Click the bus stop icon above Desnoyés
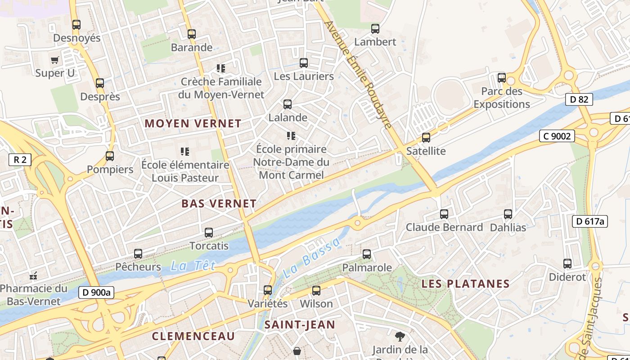click(76, 25)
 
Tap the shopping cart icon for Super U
click(55, 60)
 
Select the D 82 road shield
click(579, 99)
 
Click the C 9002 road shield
click(557, 136)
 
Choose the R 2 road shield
click(20, 159)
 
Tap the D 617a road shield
click(589, 221)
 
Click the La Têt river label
click(193, 266)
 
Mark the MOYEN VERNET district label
click(193, 123)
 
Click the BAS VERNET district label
click(219, 203)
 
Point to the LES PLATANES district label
click(465, 284)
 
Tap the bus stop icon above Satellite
click(426, 138)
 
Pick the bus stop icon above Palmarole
click(367, 254)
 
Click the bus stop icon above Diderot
click(567, 264)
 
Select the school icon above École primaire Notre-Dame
click(291, 135)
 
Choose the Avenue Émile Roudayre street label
click(359, 75)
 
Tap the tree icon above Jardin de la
click(400, 336)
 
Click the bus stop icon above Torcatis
click(209, 233)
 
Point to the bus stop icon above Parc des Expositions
click(502, 78)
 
